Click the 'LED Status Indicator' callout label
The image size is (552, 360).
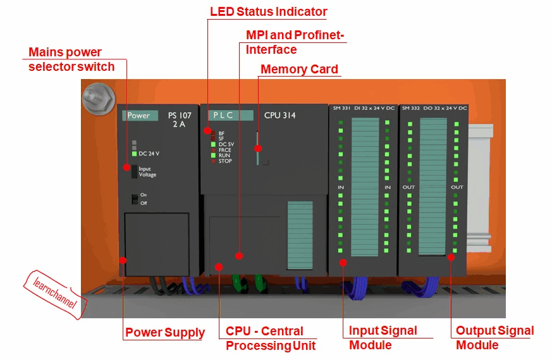coord(268,11)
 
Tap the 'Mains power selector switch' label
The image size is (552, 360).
coord(71,59)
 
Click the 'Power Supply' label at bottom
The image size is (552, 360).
coord(165,332)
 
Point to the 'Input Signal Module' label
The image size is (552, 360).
coord(383,338)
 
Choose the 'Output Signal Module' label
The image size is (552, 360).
coord(494,338)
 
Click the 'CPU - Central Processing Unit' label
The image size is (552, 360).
coord(270,338)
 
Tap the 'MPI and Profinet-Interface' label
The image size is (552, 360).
coord(295,42)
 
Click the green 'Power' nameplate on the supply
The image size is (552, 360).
coord(138,116)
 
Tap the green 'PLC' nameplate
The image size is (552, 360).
coord(226,116)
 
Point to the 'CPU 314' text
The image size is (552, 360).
coord(280,116)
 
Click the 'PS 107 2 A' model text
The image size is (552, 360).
coord(179,120)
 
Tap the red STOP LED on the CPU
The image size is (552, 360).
coord(214,161)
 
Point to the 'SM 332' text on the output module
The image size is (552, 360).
coord(410,108)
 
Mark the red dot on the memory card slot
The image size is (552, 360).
coord(257,148)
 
